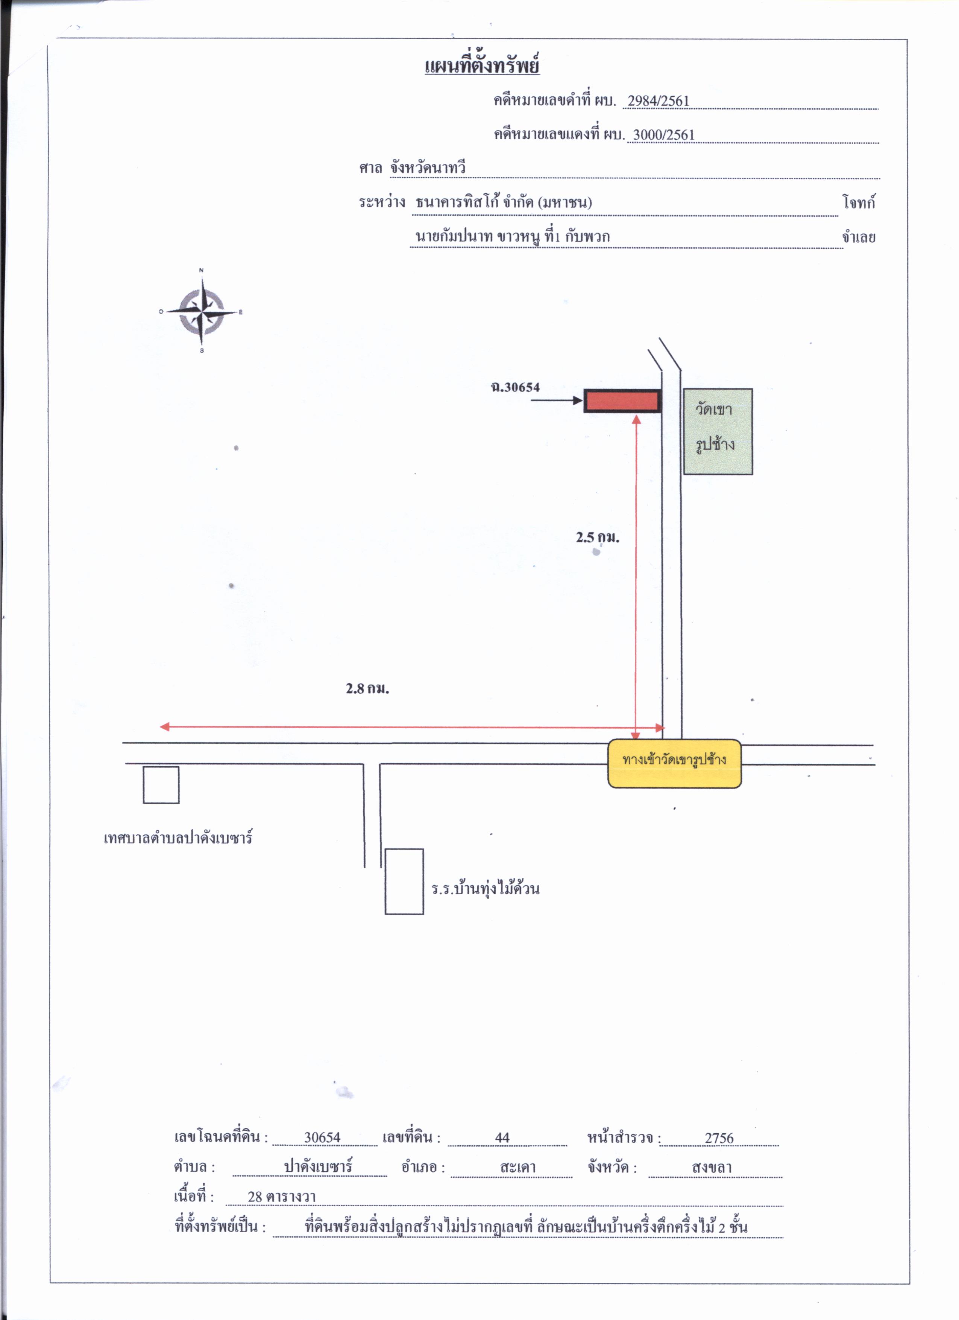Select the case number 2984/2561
659,101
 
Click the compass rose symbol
201,311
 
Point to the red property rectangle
622,401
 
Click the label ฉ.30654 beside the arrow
515,387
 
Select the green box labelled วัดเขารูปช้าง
718,431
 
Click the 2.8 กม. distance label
367,688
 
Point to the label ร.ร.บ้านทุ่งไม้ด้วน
486,888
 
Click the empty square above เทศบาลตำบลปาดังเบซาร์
161,784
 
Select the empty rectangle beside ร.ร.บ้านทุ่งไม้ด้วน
404,881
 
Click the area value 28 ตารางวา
281,1197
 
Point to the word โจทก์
858,202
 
